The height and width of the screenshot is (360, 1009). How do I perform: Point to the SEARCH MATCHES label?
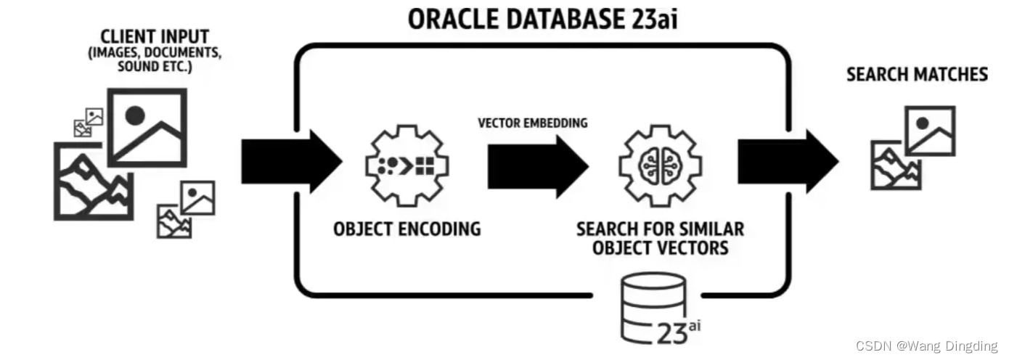[917, 74]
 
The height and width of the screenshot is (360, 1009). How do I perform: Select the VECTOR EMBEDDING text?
[532, 123]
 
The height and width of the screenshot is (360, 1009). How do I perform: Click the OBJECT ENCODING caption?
[407, 229]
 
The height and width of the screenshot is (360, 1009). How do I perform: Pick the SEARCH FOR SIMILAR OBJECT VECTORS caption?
[660, 239]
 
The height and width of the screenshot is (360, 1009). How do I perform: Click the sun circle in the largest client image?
[135, 115]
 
